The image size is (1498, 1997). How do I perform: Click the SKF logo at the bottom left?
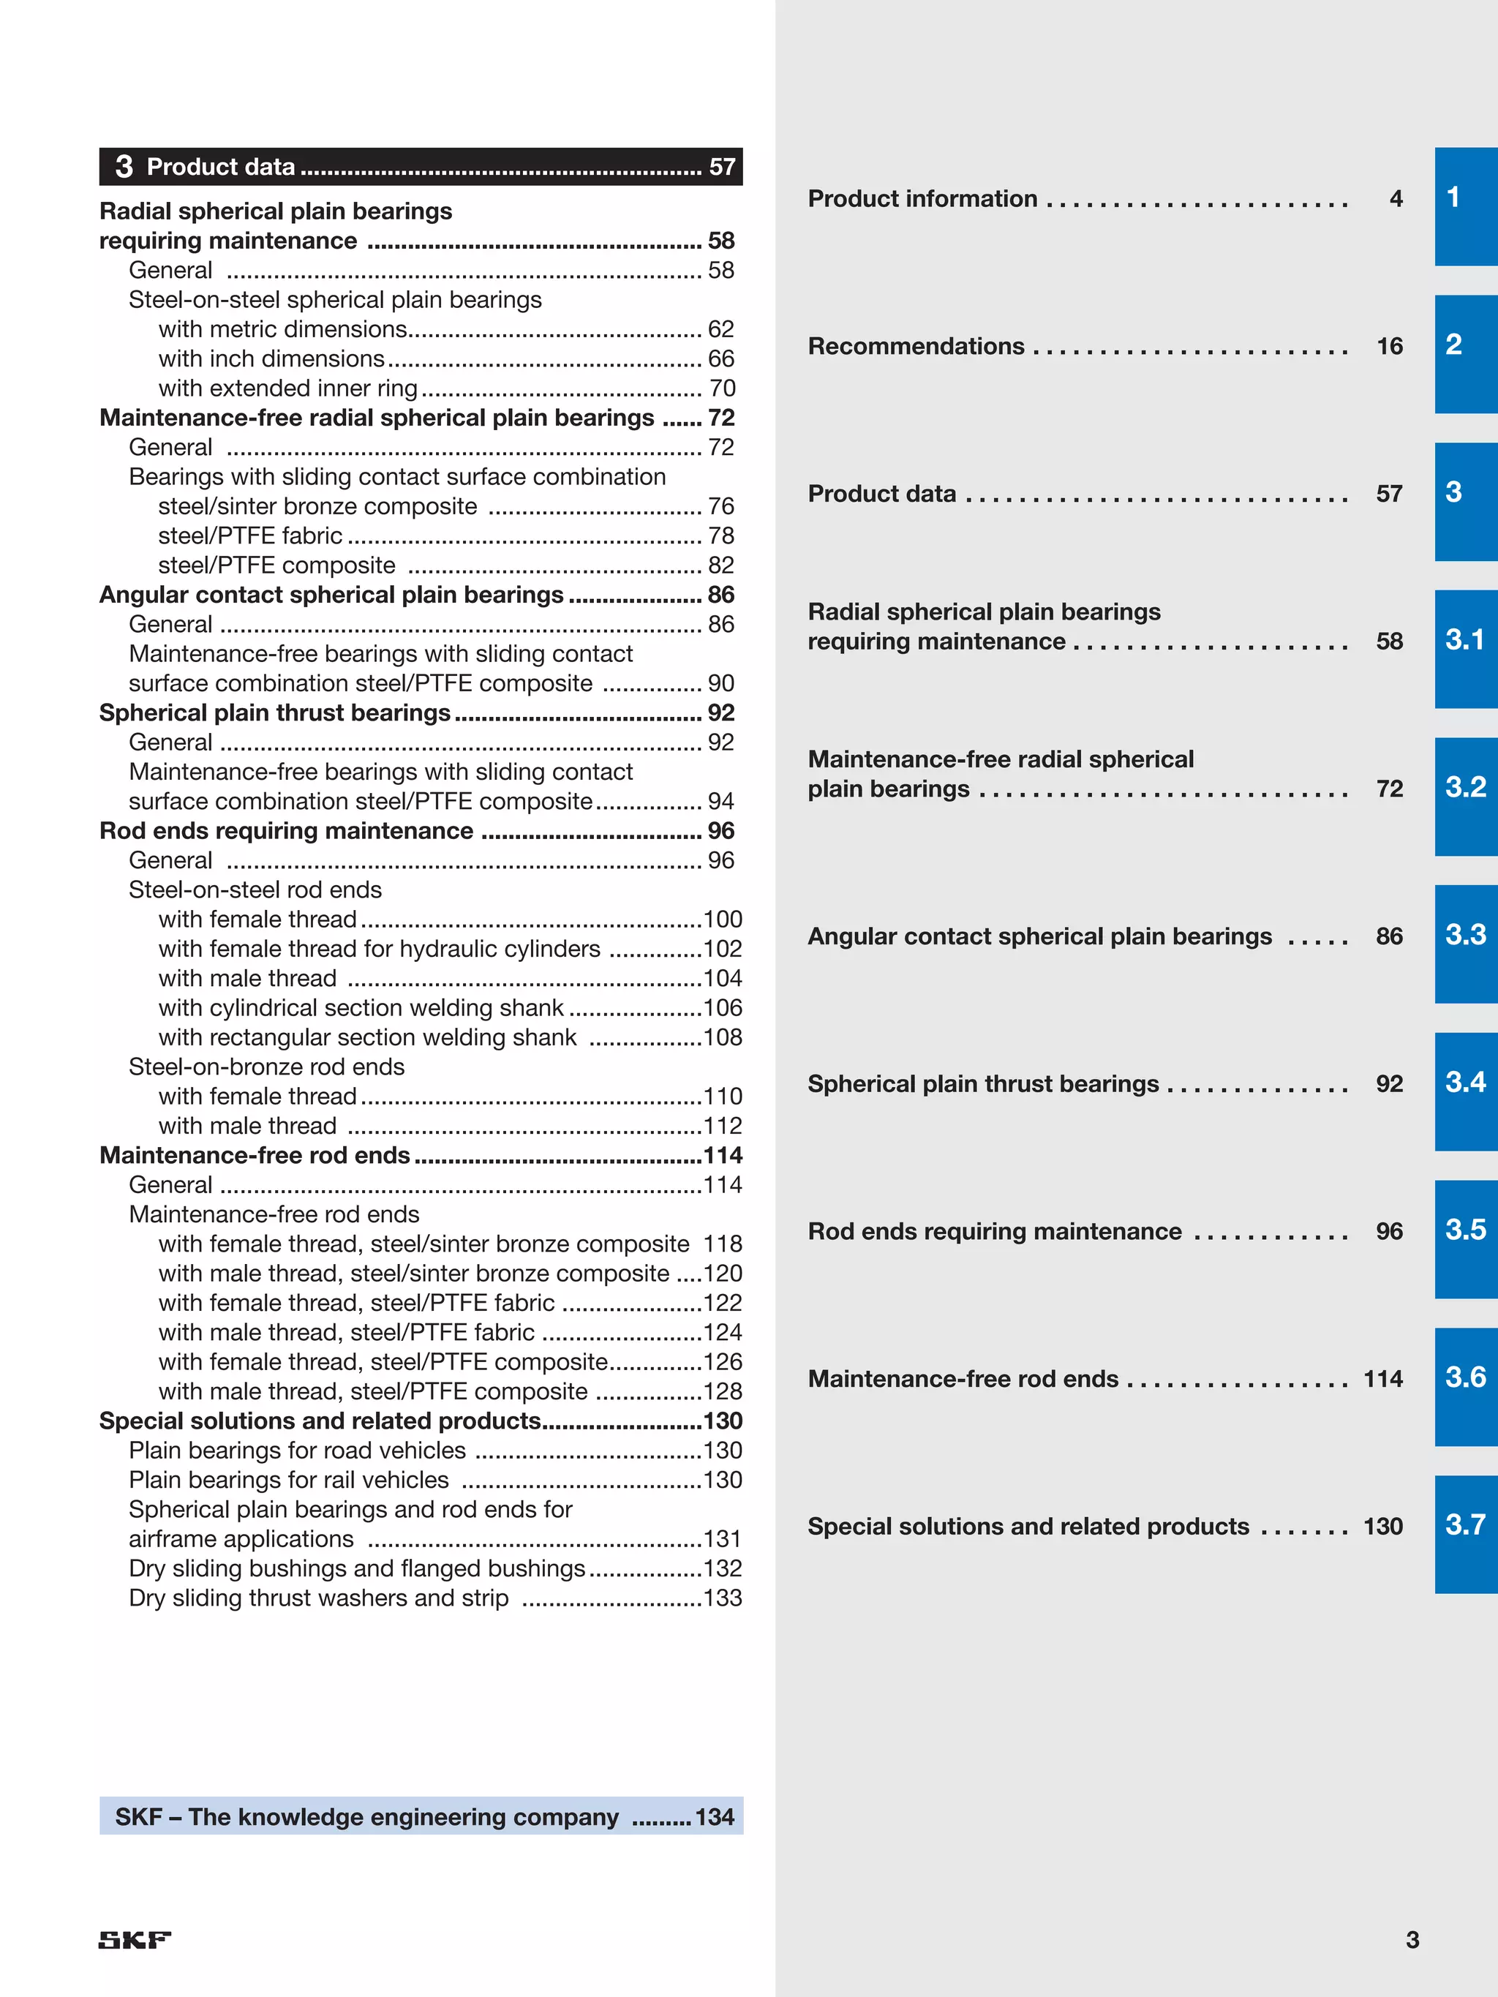tap(135, 1940)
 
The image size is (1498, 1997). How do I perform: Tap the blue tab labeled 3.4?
tap(1466, 1091)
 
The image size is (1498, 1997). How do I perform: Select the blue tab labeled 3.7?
tap(1466, 1534)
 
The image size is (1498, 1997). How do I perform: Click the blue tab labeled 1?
tap(1466, 207)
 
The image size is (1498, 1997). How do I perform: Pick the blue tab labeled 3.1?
tap(1466, 649)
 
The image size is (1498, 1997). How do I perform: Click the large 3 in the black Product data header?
tap(124, 167)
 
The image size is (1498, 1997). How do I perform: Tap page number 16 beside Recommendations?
tap(1389, 347)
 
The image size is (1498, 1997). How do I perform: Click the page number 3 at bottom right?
tap(1412, 1939)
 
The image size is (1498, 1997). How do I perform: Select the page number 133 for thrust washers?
tap(723, 1598)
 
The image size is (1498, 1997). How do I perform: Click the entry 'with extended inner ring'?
tap(288, 388)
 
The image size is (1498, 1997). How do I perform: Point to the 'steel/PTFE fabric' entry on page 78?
tap(250, 536)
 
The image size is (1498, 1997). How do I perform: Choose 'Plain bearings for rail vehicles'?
tap(289, 1480)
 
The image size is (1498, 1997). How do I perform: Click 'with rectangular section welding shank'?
tap(367, 1037)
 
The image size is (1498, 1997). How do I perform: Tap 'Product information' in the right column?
tap(922, 199)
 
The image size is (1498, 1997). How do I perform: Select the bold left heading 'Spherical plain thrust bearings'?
tap(274, 713)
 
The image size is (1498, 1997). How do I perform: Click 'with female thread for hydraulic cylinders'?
tap(379, 949)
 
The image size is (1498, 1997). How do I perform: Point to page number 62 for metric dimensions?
tap(720, 329)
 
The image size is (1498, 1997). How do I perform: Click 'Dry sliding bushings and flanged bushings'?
tap(357, 1568)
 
